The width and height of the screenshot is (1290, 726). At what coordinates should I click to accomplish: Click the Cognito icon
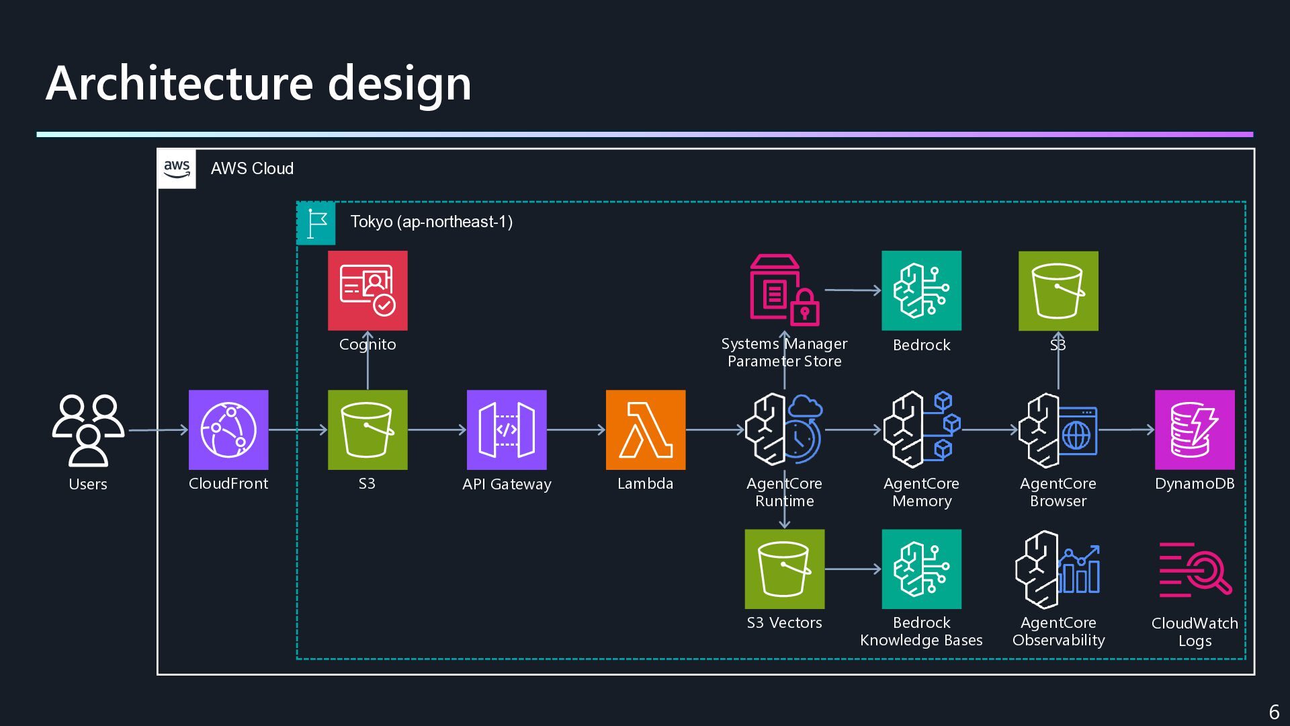[368, 290]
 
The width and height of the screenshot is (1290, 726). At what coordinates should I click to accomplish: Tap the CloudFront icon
[228, 430]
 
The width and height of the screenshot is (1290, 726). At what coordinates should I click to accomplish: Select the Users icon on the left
[88, 430]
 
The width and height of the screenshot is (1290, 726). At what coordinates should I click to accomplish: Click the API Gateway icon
[507, 430]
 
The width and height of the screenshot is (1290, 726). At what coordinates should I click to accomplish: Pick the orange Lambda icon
[646, 430]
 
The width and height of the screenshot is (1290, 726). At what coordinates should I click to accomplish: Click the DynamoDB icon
[1195, 430]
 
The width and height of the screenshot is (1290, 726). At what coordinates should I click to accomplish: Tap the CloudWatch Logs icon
[1195, 569]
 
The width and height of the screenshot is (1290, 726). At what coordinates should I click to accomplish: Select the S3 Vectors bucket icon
[785, 569]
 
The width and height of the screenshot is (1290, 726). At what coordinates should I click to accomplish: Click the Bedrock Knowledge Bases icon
[922, 569]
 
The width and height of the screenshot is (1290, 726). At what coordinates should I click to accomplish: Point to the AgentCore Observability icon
[1058, 569]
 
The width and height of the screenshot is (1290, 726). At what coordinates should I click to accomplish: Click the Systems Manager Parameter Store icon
[785, 290]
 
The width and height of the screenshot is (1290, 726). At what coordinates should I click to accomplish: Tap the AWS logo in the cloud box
[177, 169]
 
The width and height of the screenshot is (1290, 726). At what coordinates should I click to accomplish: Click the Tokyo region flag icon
[316, 223]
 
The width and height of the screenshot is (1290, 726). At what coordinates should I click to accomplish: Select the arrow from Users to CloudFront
[159, 430]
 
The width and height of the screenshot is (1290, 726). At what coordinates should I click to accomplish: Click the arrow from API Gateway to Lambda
[576, 430]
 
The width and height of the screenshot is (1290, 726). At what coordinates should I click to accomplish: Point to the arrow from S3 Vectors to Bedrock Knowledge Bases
[853, 569]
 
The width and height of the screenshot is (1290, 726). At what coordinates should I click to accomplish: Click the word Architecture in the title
[179, 83]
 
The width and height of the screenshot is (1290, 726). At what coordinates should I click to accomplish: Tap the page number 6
[1274, 712]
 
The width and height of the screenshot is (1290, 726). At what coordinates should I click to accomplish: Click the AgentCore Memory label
[922, 492]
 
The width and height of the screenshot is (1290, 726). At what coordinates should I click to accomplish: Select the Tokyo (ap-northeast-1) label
[431, 222]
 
